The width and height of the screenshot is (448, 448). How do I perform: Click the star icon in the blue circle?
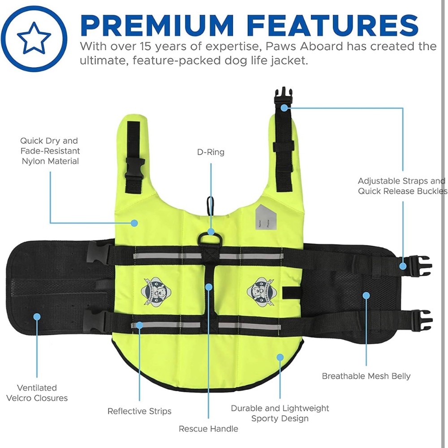[34, 38]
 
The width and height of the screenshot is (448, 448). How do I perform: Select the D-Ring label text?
[211, 152]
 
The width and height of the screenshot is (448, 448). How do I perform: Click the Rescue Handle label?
[209, 429]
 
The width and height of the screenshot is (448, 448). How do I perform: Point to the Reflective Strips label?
[139, 411]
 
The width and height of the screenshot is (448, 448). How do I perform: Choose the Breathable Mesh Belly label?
[366, 376]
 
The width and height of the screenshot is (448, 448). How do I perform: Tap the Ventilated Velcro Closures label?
[37, 393]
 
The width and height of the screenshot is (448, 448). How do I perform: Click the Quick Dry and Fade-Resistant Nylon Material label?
[50, 151]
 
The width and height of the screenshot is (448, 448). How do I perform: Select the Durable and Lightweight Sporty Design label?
[280, 413]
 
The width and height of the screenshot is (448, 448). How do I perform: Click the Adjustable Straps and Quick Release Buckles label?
[402, 186]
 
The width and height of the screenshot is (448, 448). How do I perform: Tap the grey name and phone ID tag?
[266, 216]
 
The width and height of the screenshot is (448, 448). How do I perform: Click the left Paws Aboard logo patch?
[156, 291]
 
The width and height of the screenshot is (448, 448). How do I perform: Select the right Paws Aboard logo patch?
[260, 292]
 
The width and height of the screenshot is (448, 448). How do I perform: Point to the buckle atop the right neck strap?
[283, 97]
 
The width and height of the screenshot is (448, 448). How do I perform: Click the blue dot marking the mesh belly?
[366, 295]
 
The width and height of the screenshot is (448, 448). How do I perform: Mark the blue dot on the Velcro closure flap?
[37, 317]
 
